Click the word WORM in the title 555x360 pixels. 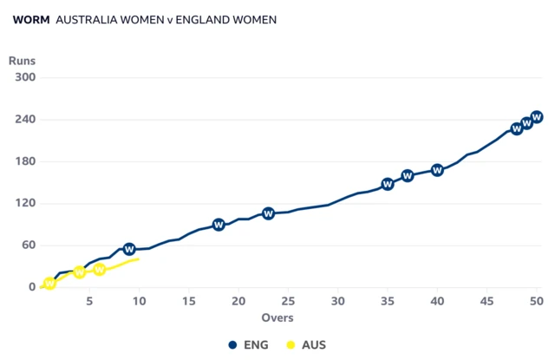(x=31, y=19)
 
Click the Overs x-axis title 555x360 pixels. (x=277, y=318)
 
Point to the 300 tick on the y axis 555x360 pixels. (x=24, y=77)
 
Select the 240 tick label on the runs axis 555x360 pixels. (x=24, y=120)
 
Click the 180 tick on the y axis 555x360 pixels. (x=24, y=161)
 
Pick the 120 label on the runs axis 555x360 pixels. (x=24, y=204)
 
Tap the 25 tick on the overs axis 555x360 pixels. (x=289, y=301)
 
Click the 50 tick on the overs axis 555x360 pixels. (x=537, y=301)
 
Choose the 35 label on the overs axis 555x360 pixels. (x=388, y=301)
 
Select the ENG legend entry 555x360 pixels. (x=249, y=344)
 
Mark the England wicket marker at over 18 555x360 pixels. (x=219, y=225)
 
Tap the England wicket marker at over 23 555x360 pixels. (x=269, y=213)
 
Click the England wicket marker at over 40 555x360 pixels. (x=437, y=170)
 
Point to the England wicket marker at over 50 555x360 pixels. (x=537, y=117)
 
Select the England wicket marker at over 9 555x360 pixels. (x=129, y=250)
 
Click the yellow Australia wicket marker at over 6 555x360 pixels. (x=100, y=270)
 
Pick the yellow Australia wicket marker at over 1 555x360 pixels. (x=49, y=284)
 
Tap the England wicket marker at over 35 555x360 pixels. (x=388, y=184)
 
